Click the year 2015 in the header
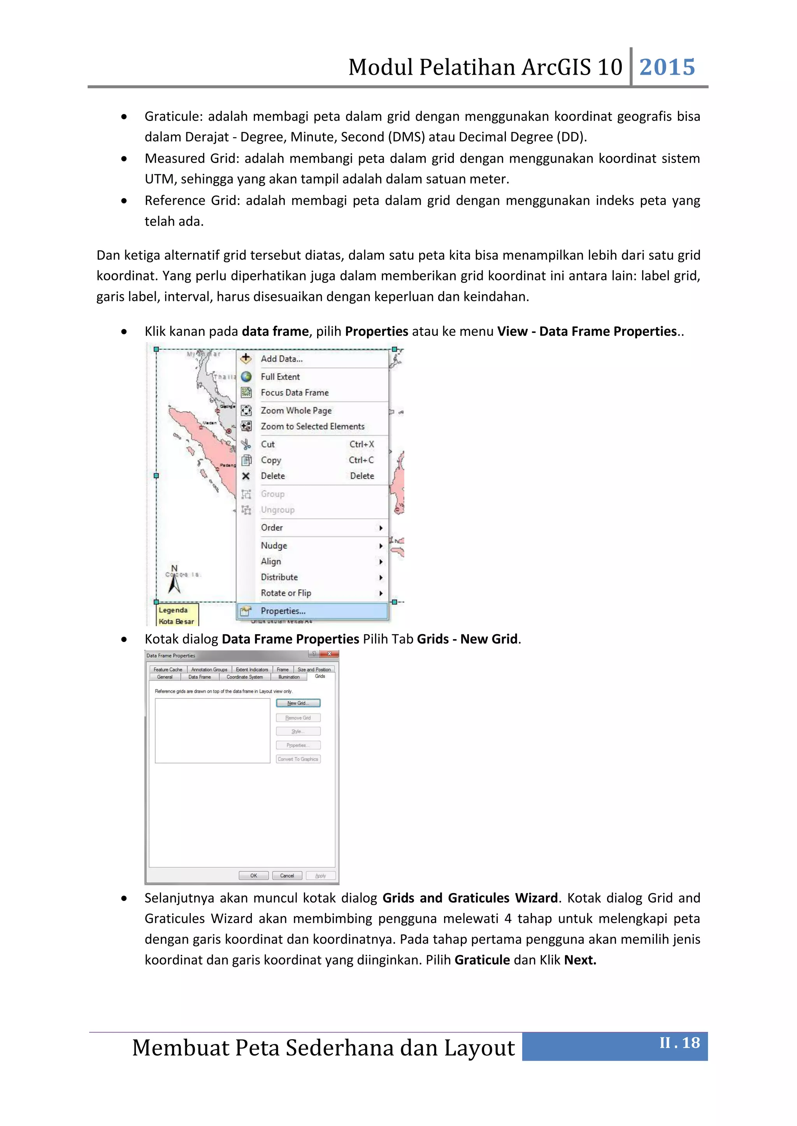point(667,67)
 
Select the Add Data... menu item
point(282,359)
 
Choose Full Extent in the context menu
point(280,377)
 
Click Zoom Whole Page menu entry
point(296,411)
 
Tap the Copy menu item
point(271,460)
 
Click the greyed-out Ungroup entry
point(277,510)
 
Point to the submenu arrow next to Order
point(381,528)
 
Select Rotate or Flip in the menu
point(286,593)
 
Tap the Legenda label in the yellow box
point(173,610)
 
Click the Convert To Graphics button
point(298,759)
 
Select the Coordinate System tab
point(244,677)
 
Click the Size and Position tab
point(314,670)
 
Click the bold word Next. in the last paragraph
point(580,960)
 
